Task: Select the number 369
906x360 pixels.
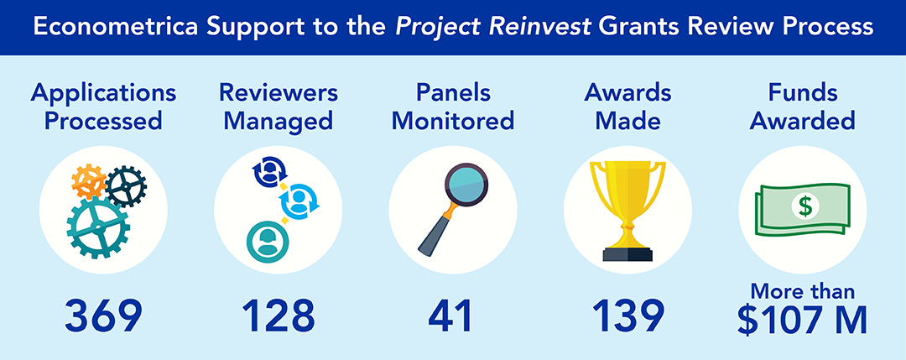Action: [x=103, y=316]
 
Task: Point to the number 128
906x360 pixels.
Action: [x=278, y=316]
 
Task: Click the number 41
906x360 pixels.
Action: [x=450, y=316]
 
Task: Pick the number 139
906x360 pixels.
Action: [x=628, y=316]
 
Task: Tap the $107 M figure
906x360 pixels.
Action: [x=803, y=320]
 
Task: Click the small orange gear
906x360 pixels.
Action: [x=88, y=181]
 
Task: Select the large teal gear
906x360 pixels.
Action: [x=98, y=227]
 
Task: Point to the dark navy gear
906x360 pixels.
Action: [x=127, y=186]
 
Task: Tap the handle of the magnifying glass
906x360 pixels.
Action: [x=435, y=233]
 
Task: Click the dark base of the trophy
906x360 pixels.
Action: [x=627, y=254]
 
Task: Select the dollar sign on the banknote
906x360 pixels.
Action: [x=804, y=206]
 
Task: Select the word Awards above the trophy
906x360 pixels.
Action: [x=627, y=93]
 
